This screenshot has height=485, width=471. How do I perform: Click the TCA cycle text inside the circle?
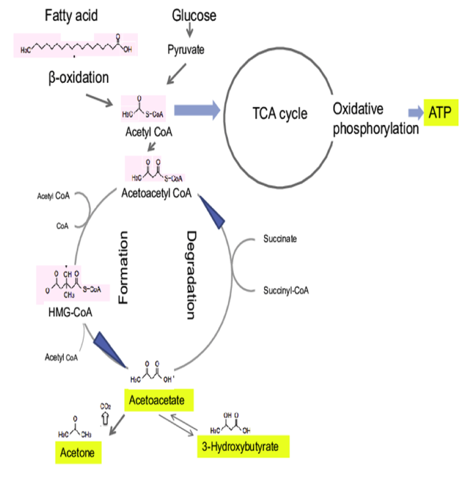(x=280, y=113)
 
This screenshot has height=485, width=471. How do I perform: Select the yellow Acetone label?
(x=78, y=453)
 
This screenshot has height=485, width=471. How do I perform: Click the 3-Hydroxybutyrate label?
(x=244, y=447)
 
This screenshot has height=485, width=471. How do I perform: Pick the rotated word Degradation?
(x=191, y=275)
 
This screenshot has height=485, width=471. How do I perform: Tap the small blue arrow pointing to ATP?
(x=414, y=112)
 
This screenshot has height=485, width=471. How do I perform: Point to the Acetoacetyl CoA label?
(x=156, y=193)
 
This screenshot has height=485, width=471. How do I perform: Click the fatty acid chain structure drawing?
(x=76, y=47)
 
